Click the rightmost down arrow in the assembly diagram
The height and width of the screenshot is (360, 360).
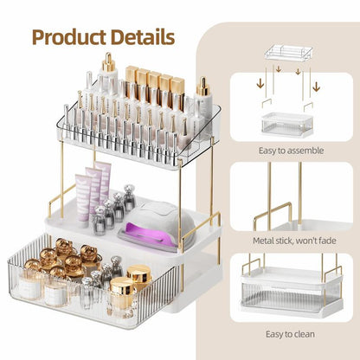point(317,84)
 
